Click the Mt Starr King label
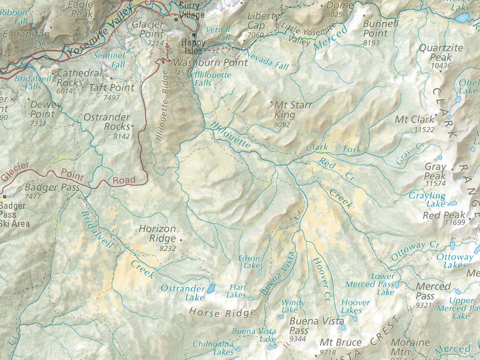click(x=292, y=110)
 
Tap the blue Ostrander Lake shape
click(x=210, y=287)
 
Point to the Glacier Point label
click(x=148, y=29)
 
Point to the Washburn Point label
click(x=210, y=62)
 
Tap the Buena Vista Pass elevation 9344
click(x=298, y=339)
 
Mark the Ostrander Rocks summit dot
click(x=133, y=126)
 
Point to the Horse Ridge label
click(x=222, y=312)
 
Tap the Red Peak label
click(x=438, y=215)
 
